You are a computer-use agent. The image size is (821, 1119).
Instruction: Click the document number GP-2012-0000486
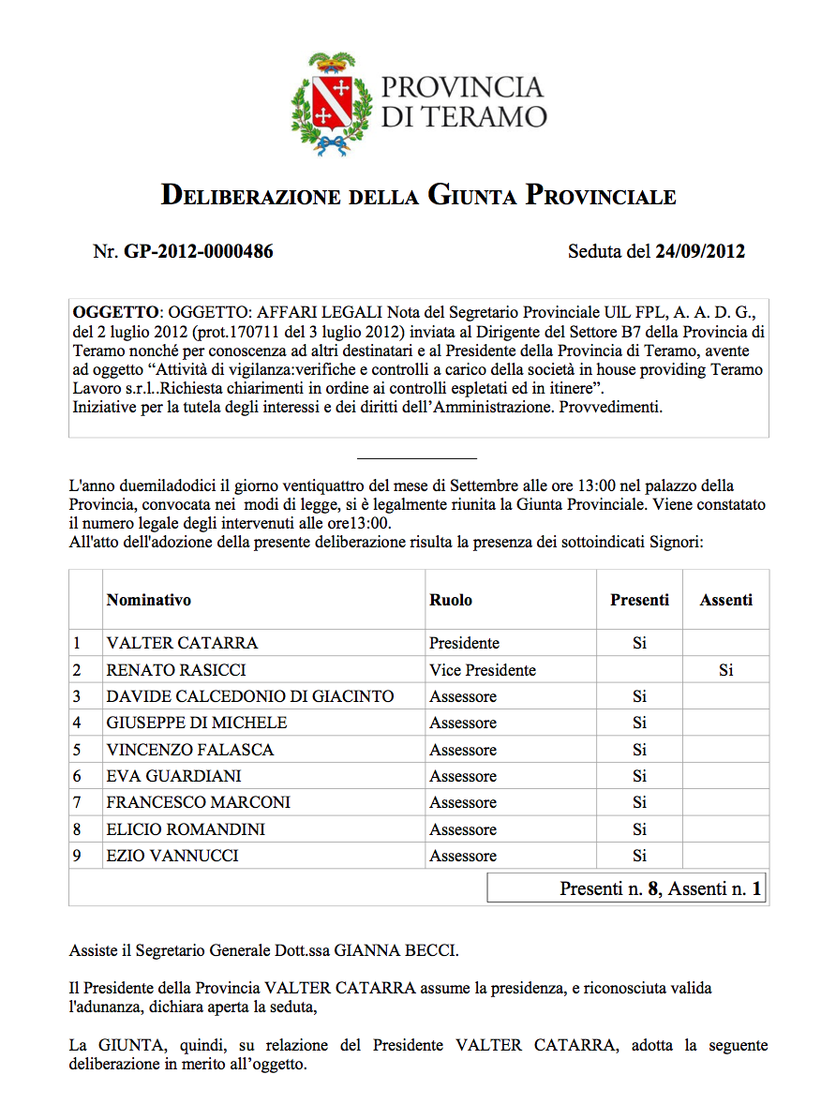point(198,251)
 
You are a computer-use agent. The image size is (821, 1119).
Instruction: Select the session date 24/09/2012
point(700,251)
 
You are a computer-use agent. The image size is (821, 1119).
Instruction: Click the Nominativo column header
point(149,600)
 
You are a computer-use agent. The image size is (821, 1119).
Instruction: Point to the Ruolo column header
point(451,600)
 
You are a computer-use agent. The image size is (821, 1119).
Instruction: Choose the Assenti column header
point(725,600)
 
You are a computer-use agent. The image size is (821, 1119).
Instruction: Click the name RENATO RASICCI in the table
point(169,670)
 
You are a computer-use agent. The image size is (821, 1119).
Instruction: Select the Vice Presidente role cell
point(483,670)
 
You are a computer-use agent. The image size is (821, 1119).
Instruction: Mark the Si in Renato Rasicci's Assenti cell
point(725,670)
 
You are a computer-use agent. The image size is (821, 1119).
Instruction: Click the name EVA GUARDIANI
point(173,776)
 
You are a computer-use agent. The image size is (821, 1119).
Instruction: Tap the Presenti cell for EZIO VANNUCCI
point(639,856)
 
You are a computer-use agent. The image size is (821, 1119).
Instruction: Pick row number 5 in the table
point(78,750)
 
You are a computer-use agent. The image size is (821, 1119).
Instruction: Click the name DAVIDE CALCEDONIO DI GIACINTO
point(250,696)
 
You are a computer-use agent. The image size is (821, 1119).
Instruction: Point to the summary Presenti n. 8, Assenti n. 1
point(660,888)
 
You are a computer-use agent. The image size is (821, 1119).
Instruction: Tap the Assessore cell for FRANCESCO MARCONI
point(463,802)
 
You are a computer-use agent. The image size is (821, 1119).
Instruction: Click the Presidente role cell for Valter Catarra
point(464,643)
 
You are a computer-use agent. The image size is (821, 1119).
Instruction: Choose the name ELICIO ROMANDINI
point(186,829)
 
